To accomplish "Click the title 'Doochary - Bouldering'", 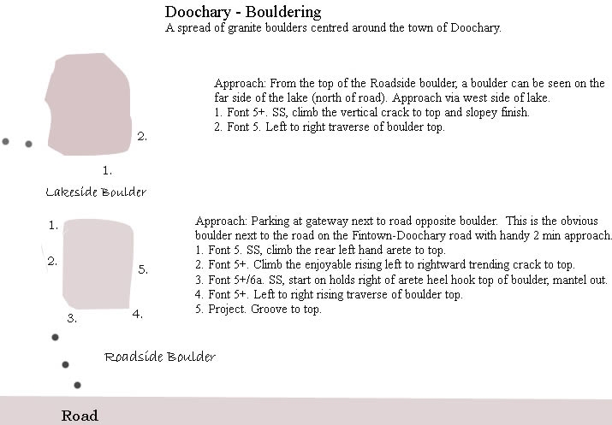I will pyautogui.click(x=242, y=12).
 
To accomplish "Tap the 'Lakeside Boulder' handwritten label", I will pyautogui.click(x=96, y=192).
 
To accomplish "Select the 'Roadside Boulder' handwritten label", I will pyautogui.click(x=160, y=357).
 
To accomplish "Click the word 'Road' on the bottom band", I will pyautogui.click(x=80, y=416).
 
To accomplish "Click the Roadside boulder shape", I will pyautogui.click(x=98, y=264).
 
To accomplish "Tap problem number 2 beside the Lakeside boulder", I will pyautogui.click(x=142, y=136).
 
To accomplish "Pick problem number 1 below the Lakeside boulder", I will pyautogui.click(x=107, y=170).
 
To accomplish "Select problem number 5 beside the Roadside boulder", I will pyautogui.click(x=143, y=269).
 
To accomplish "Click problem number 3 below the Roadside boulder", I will pyautogui.click(x=73, y=318).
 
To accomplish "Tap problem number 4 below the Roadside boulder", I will pyautogui.click(x=137, y=314).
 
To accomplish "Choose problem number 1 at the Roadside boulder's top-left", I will pyautogui.click(x=53, y=226).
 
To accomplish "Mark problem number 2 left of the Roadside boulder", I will pyautogui.click(x=52, y=262).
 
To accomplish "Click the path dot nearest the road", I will pyautogui.click(x=77, y=386).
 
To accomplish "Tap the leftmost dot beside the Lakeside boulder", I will pyautogui.click(x=6, y=141).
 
